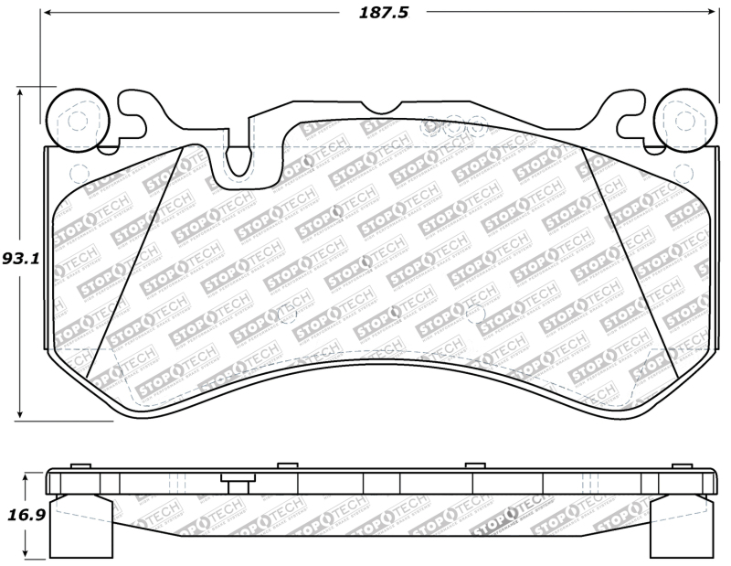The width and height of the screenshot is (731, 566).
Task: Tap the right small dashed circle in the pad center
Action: tap(473, 315)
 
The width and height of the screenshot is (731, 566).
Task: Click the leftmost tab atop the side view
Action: tap(81, 466)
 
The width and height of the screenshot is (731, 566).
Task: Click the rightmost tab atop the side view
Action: tap(680, 466)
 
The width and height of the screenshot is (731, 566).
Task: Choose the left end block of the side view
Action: tap(83, 530)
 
